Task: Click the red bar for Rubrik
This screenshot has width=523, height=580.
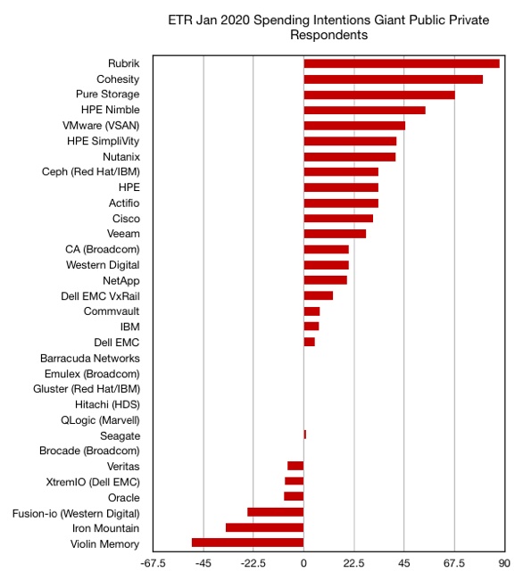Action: (402, 63)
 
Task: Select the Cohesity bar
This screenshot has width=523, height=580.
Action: (394, 79)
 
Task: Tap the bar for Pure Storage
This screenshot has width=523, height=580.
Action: (379, 95)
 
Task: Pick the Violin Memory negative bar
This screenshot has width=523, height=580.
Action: (248, 543)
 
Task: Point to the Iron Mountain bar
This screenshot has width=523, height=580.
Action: (265, 527)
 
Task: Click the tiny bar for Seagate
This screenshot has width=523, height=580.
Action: (304, 435)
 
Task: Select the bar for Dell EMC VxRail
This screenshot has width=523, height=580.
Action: (319, 295)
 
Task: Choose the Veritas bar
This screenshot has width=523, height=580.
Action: (295, 466)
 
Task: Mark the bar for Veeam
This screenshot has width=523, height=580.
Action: (335, 234)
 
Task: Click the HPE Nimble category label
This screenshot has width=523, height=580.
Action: (110, 110)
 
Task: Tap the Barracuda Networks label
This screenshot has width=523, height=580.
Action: (90, 359)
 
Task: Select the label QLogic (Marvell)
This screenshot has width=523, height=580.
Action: (100, 420)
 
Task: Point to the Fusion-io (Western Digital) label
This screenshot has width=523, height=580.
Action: (76, 514)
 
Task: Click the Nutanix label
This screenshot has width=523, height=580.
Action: (121, 157)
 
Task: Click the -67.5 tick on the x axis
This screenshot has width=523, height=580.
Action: (153, 563)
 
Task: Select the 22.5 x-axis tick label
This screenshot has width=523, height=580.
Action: (353, 563)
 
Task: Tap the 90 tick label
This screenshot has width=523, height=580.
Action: (504, 563)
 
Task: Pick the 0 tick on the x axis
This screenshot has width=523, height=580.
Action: (303, 563)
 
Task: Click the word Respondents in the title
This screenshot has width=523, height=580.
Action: (328, 35)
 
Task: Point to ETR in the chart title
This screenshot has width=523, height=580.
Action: (180, 20)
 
